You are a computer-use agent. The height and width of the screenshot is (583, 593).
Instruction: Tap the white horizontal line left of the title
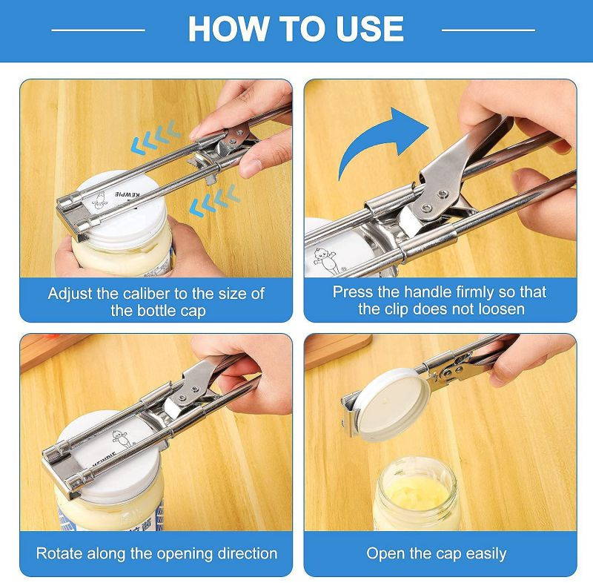pos(99,30)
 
